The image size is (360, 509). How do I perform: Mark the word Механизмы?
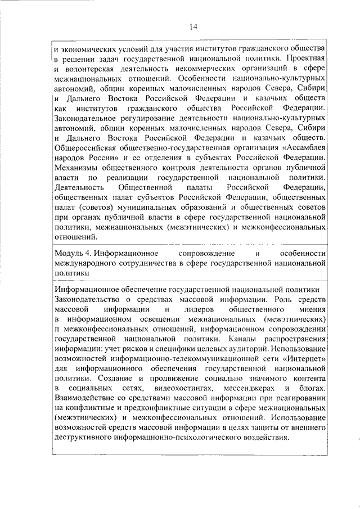point(76,168)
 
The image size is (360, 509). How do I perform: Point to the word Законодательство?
point(91,299)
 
